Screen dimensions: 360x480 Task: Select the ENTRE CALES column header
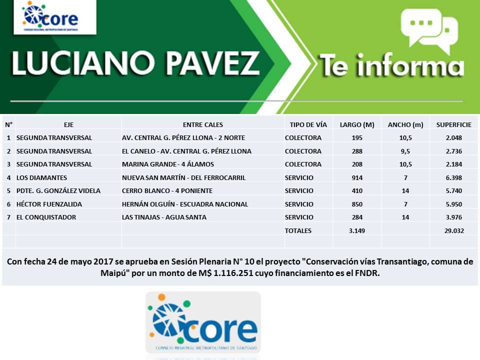pyautogui.click(x=203, y=124)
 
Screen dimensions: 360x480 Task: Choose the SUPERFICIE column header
pyautogui.click(x=453, y=124)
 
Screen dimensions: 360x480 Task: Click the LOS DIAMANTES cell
pyautogui.click(x=41, y=177)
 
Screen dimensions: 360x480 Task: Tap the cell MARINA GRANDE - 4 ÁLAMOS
pyautogui.click(x=168, y=164)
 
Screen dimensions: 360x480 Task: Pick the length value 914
pyautogui.click(x=357, y=177)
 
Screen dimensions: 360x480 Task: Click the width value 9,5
pyautogui.click(x=405, y=151)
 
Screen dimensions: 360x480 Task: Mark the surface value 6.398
pyautogui.click(x=453, y=177)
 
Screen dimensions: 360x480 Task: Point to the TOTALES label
pyautogui.click(x=298, y=230)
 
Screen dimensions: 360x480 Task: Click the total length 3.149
pyautogui.click(x=357, y=230)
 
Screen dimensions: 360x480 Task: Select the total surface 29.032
pyautogui.click(x=453, y=230)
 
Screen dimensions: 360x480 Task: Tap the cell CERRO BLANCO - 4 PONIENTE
pyautogui.click(x=167, y=190)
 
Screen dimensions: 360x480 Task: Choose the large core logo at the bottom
pyautogui.click(x=203, y=322)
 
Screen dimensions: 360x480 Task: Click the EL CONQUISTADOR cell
pyautogui.click(x=46, y=217)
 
